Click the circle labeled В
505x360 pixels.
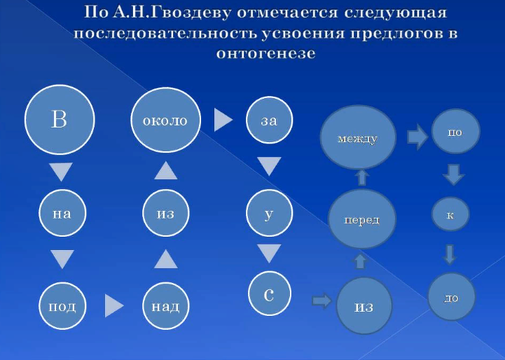pos(60,120)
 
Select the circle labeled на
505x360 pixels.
pos(62,213)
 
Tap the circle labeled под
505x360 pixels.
pos(62,306)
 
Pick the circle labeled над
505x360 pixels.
pos(166,306)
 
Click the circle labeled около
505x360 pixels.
pos(165,120)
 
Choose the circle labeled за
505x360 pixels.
pos(269,120)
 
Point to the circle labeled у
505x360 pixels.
pos(269,213)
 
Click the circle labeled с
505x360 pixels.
pos(270,293)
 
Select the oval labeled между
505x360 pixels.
pos(358,137)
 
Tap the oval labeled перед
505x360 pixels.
pos(361,219)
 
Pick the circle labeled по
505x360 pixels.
pos(455,132)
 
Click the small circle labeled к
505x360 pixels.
pos(450,214)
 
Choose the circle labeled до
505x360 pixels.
pos(452,297)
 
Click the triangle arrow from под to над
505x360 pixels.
pos(114,305)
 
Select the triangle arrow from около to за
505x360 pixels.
pos(223,120)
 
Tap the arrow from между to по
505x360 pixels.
pos(417,137)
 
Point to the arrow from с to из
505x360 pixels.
pos(321,301)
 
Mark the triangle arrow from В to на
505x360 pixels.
pos(61,172)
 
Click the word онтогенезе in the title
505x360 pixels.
pos(265,53)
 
